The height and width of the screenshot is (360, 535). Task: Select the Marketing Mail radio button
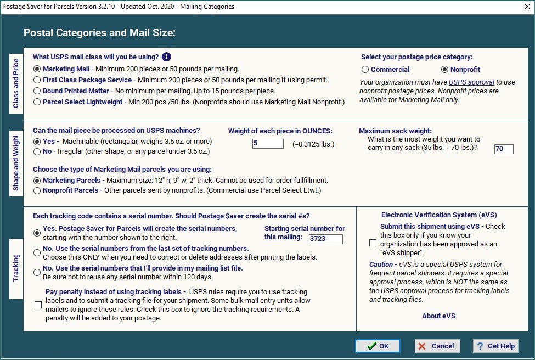(37, 69)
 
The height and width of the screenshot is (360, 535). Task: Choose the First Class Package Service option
(37, 80)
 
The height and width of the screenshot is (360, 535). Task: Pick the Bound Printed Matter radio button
(37, 91)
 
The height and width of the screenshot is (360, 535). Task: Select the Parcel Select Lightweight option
(37, 102)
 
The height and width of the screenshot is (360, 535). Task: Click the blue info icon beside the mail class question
(167, 57)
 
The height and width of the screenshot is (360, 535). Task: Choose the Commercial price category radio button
(365, 70)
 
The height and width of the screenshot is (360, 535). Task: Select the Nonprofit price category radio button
(444, 70)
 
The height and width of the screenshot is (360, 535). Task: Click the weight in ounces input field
(268, 144)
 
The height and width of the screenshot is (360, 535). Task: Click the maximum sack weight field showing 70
(503, 149)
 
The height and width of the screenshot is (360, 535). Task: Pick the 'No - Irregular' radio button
(37, 151)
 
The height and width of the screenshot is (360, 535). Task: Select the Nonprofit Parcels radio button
(37, 190)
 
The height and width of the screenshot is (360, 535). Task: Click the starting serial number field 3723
(325, 239)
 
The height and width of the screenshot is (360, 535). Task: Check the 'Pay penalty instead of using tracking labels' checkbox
(38, 305)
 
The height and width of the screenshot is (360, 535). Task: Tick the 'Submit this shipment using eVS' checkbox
(373, 243)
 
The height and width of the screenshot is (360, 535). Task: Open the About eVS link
(438, 316)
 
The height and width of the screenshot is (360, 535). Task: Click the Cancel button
(436, 346)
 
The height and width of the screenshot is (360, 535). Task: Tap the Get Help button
(495, 346)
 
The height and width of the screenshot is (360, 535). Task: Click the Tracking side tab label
(16, 268)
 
